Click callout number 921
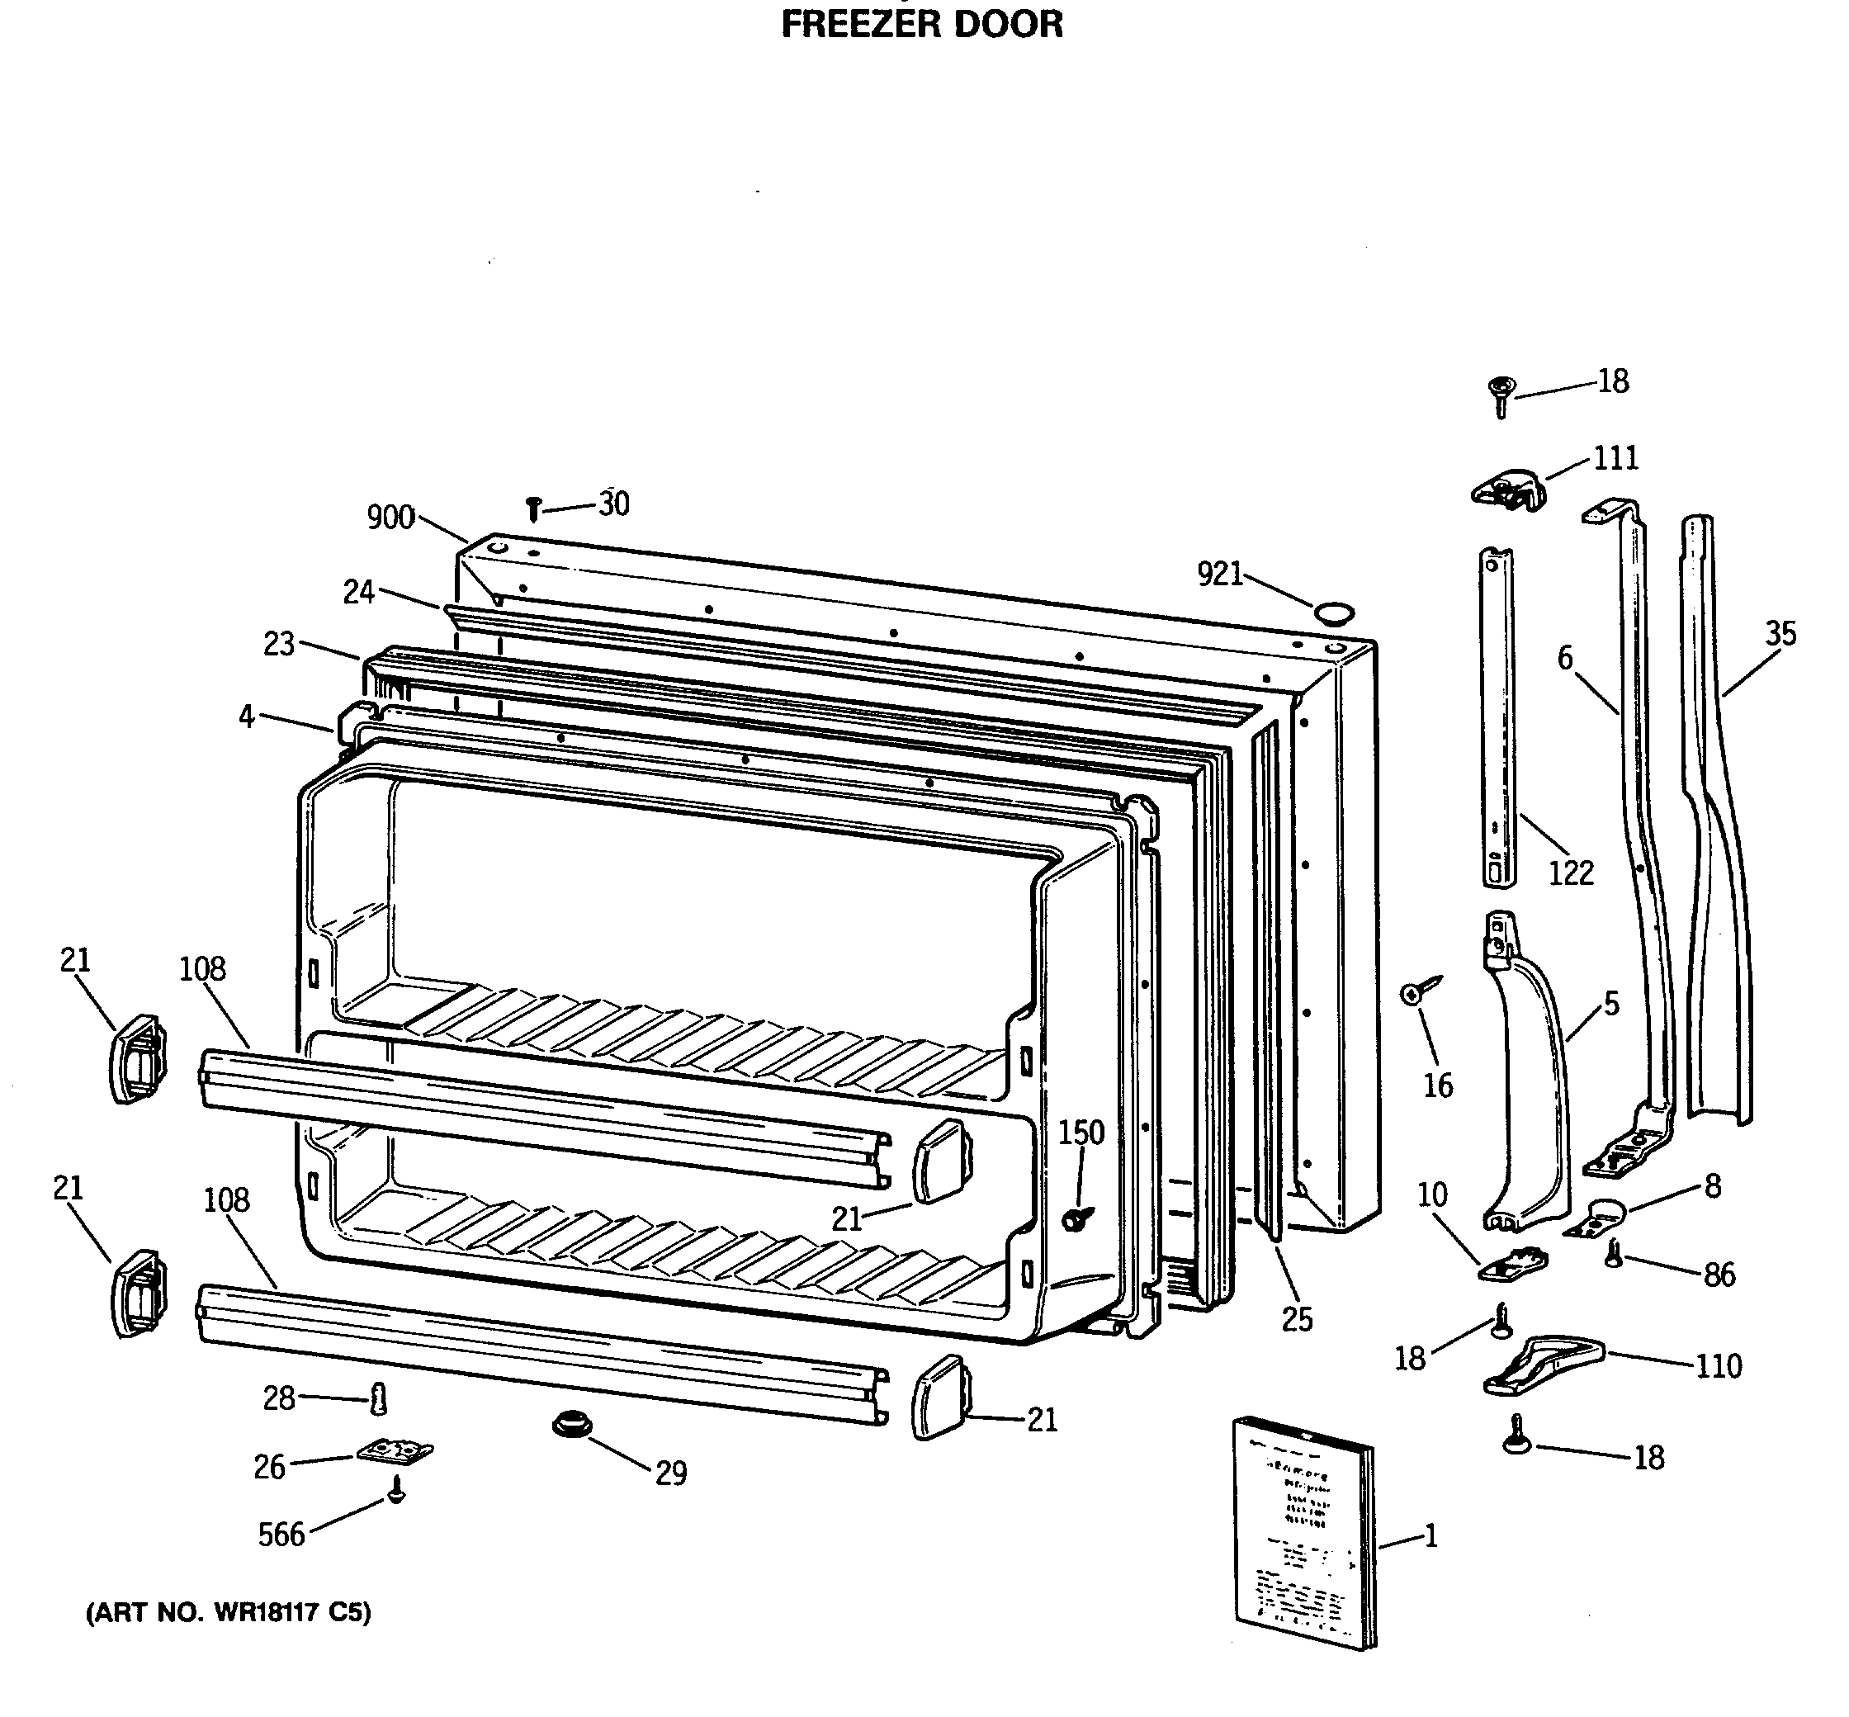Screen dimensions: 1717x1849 (x=1219, y=575)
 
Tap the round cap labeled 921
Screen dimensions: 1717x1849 (x=1333, y=613)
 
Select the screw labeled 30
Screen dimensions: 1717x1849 (x=533, y=508)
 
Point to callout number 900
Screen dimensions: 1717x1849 (x=390, y=517)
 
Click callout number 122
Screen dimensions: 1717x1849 (x=1570, y=873)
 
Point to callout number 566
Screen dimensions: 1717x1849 (x=281, y=1534)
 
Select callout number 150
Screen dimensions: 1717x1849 (x=1081, y=1132)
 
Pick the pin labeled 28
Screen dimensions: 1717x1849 (x=378, y=1398)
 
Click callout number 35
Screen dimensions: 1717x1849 (x=1780, y=634)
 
